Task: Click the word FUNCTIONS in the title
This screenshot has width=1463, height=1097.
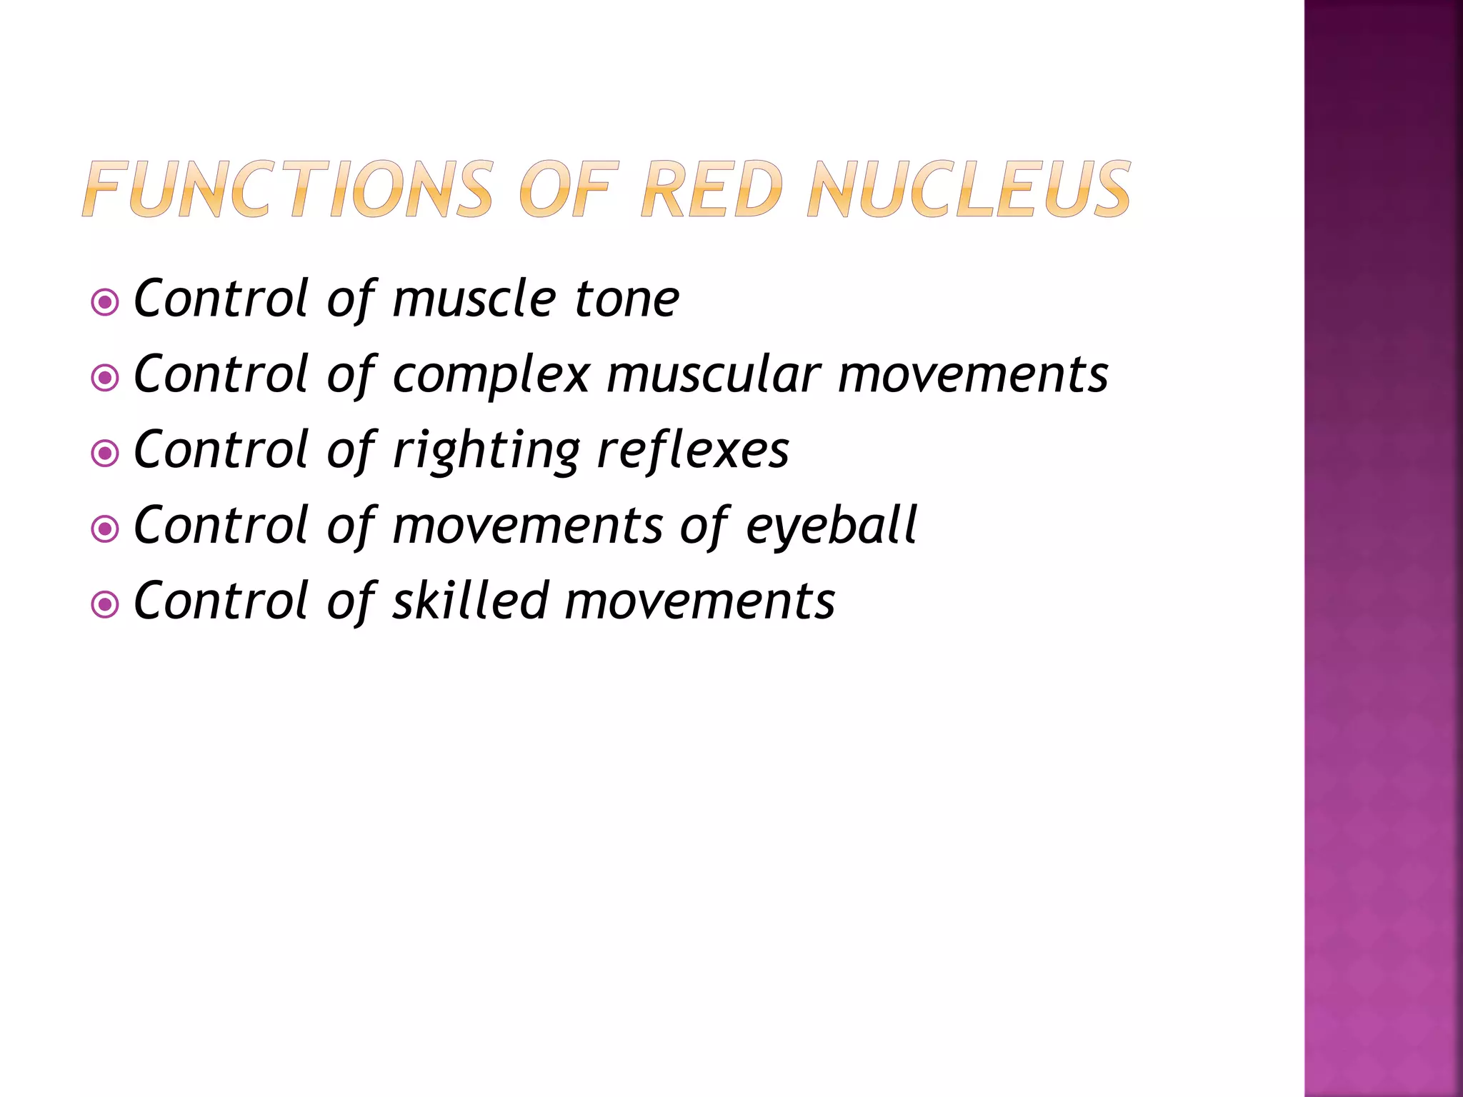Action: (288, 189)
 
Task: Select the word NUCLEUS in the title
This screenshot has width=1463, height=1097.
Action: (969, 189)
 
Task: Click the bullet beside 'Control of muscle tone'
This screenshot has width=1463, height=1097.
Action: (106, 303)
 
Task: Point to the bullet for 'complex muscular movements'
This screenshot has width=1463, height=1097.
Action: (106, 378)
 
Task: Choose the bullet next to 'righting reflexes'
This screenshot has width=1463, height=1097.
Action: (106, 454)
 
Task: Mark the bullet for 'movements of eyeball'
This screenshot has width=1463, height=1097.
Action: (106, 529)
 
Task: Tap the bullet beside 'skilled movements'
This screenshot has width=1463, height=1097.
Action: (106, 605)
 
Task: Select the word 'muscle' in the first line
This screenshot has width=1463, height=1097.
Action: (474, 299)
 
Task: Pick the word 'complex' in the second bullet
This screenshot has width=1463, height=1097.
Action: (491, 374)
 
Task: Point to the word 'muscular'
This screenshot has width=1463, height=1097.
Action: (714, 374)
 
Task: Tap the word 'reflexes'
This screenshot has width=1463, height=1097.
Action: (692, 450)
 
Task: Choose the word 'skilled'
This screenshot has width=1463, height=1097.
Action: (471, 601)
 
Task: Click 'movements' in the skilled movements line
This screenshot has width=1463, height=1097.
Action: (699, 602)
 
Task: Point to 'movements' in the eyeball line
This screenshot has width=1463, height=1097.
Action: (528, 526)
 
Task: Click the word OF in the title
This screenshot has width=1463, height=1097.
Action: (566, 189)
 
